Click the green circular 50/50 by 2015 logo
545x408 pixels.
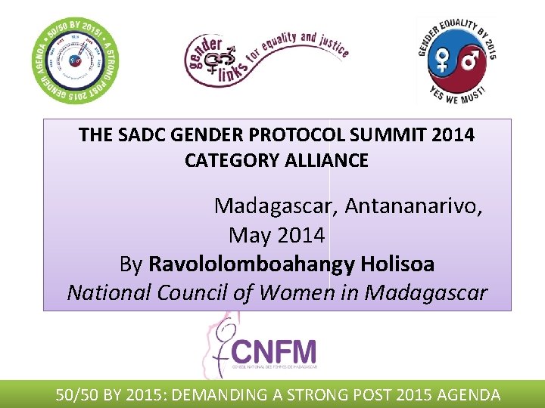coord(73,60)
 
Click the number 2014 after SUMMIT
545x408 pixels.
coord(452,135)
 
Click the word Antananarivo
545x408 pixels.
coord(414,206)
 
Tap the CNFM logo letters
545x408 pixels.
coord(274,351)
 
